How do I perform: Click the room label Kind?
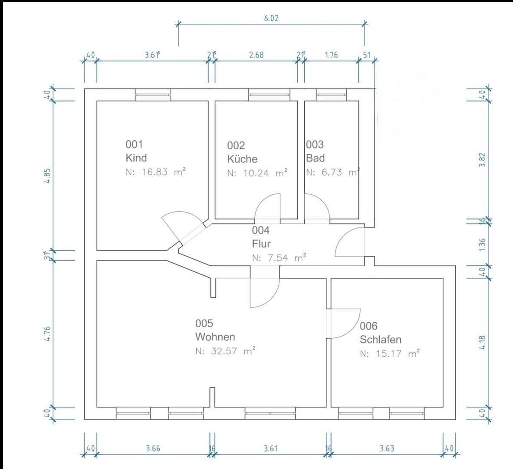[136, 158]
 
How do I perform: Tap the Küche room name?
[242, 159]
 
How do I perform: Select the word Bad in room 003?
[315, 158]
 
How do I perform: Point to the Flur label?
[261, 244]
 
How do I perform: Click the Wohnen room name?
[215, 337]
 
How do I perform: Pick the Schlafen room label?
[380, 339]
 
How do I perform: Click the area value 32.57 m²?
[225, 351]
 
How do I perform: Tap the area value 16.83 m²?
[156, 172]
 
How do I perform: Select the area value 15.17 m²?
[390, 353]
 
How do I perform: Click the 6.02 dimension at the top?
[271, 18]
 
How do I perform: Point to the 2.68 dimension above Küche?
[256, 55]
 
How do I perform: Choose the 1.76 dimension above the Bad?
[331, 55]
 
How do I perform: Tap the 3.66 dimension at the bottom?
[153, 448]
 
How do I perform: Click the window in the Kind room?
[152, 94]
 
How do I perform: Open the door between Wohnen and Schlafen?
[343, 323]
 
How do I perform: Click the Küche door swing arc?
[267, 204]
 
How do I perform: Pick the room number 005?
[204, 323]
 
